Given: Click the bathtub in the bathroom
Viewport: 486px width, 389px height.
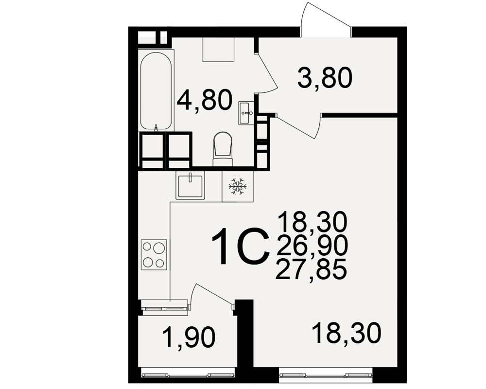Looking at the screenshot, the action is [x=156, y=90].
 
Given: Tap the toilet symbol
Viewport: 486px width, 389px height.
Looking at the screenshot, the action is [x=223, y=149].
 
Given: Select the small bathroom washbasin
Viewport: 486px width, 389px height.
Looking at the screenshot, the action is [x=246, y=113].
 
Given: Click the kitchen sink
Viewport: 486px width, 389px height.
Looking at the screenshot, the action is [x=191, y=185].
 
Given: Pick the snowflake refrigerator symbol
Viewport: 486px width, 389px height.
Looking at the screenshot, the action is [x=238, y=186].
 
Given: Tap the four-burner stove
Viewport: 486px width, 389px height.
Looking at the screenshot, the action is [x=154, y=254].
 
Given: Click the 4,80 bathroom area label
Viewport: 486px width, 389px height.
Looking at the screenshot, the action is [x=205, y=99].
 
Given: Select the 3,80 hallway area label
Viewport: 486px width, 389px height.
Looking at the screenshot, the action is [x=325, y=77].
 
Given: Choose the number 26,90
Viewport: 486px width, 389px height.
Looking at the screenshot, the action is [x=312, y=246].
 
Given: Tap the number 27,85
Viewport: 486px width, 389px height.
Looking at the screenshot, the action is [x=311, y=268].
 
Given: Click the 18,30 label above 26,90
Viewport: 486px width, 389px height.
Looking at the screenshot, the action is [x=312, y=222].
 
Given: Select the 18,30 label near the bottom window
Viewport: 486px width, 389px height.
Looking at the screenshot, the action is [x=347, y=334].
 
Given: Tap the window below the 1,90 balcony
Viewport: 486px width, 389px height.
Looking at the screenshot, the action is [x=188, y=372].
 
